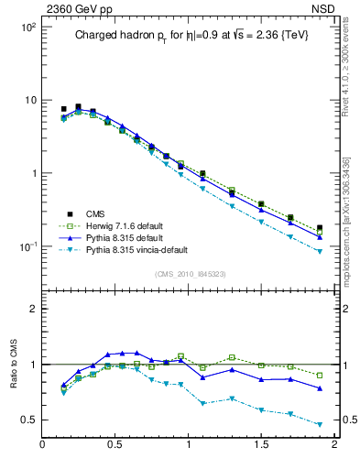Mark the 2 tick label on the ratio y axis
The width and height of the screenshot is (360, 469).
[x=31, y=309]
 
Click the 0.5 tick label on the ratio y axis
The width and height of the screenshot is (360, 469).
[x=27, y=420]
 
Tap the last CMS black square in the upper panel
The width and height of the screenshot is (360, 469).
[x=320, y=228]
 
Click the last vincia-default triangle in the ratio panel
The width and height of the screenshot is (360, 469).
[x=320, y=424]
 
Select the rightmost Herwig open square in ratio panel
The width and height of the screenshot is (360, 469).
[x=320, y=376]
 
